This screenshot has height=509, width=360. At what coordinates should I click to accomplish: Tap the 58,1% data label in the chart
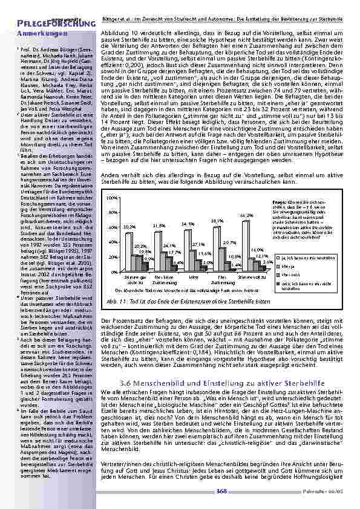[217, 222]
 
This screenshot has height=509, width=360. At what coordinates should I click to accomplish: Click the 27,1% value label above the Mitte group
[198, 244]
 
